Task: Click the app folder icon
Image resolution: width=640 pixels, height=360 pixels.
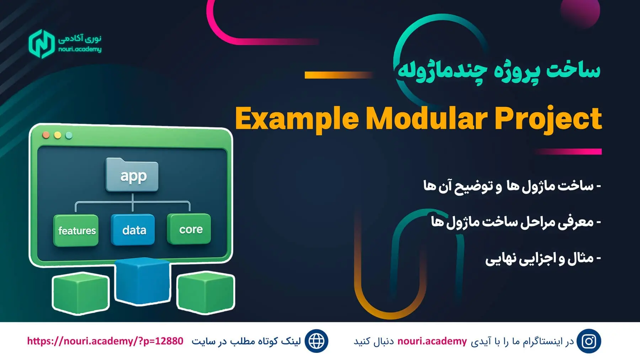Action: pyautogui.click(x=132, y=175)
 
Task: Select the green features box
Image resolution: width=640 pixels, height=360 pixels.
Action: pyautogui.click(x=76, y=231)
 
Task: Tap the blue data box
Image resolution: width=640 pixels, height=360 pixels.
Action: pyautogui.click(x=133, y=230)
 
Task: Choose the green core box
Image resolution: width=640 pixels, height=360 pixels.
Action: pyautogui.click(x=189, y=229)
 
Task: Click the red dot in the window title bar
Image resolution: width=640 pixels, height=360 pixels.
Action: pyautogui.click(x=46, y=135)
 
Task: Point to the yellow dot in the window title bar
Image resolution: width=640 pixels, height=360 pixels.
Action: pyautogui.click(x=58, y=136)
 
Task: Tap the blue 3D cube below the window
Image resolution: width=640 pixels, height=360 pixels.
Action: pyautogui.click(x=143, y=281)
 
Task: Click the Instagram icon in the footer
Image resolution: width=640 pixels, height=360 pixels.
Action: pyautogui.click(x=589, y=341)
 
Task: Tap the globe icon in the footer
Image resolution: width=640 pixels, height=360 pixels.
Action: pyautogui.click(x=316, y=341)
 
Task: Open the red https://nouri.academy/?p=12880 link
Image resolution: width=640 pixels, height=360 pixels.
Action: pyautogui.click(x=105, y=341)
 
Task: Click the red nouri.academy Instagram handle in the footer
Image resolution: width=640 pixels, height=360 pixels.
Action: pyautogui.click(x=432, y=341)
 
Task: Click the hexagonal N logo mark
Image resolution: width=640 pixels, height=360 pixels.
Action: pyautogui.click(x=42, y=44)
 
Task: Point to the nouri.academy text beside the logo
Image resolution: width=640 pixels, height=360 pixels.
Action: pyautogui.click(x=80, y=49)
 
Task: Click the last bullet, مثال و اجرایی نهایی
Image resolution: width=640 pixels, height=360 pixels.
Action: pyautogui.click(x=543, y=258)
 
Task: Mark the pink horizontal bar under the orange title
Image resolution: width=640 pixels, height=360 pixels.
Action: pyautogui.click(x=567, y=152)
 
